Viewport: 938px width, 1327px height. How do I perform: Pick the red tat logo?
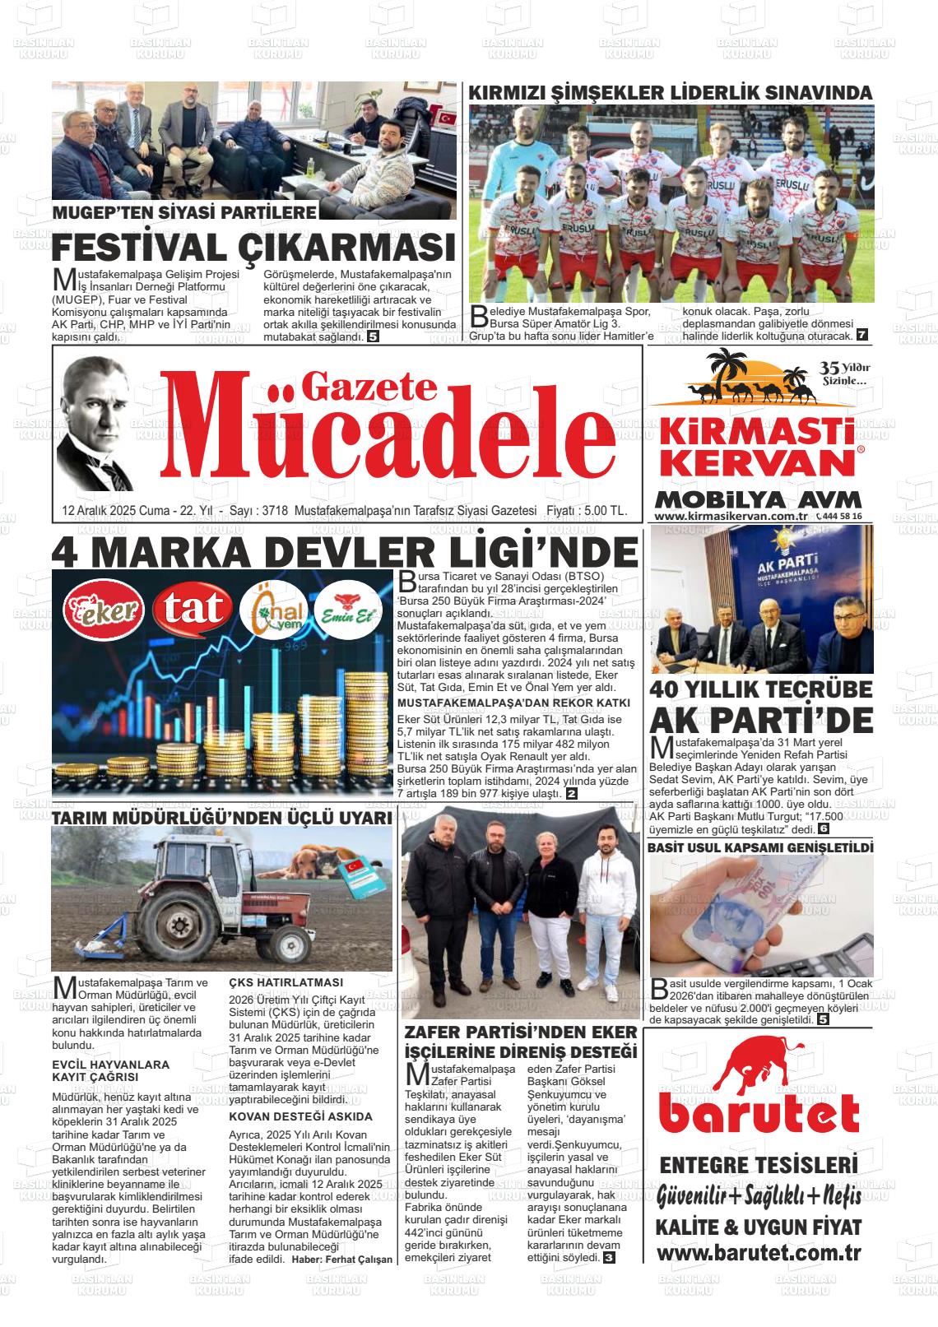click(193, 609)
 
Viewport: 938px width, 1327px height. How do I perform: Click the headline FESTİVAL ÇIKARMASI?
click(253, 248)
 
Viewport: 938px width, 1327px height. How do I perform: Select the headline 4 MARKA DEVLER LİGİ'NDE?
click(344, 552)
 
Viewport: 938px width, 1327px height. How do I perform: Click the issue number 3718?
click(272, 511)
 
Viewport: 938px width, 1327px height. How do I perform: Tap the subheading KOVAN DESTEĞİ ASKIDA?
click(300, 1116)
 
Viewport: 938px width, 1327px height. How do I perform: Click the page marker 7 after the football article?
click(861, 335)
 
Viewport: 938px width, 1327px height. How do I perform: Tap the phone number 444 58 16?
click(842, 516)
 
